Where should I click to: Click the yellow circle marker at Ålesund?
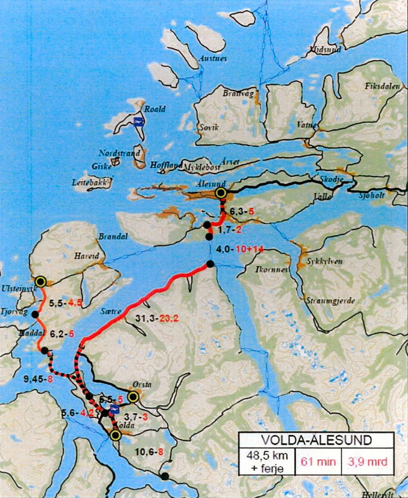220,193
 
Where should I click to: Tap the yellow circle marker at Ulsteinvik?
40,281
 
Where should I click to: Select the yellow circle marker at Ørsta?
133,396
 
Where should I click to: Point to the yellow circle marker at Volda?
115,435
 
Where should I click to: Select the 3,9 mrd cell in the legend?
368,462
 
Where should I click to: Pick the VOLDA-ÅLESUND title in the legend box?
316,440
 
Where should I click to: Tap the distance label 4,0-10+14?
239,249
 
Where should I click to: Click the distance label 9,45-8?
38,378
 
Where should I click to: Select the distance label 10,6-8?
149,452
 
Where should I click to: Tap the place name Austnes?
213,59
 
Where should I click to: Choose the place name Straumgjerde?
334,301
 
